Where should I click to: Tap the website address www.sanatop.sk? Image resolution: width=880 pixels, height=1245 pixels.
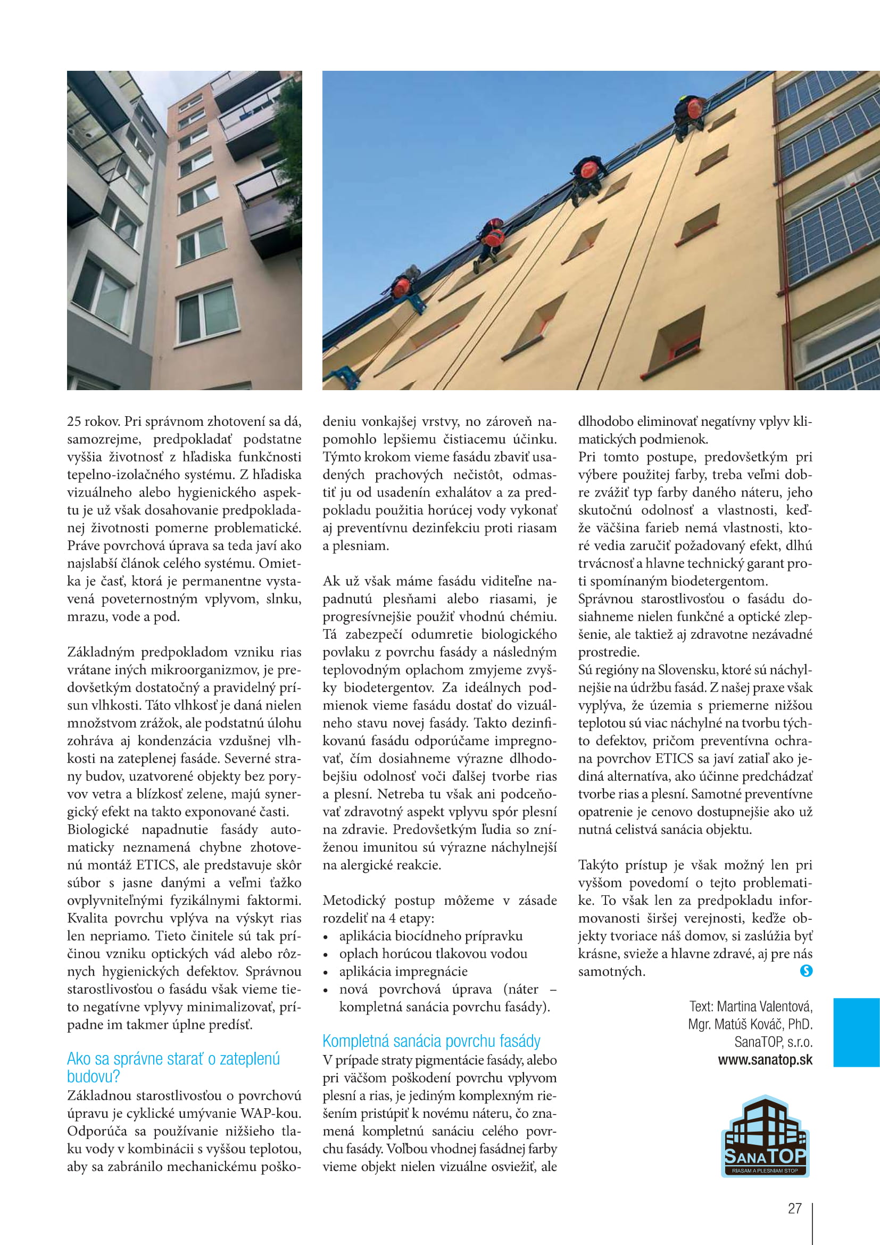point(765,1060)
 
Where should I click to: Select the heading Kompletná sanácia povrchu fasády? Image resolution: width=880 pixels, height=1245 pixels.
point(431,1041)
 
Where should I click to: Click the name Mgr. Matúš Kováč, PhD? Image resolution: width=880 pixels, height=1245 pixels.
point(750,1024)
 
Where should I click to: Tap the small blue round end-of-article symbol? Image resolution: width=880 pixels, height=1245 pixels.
point(806,971)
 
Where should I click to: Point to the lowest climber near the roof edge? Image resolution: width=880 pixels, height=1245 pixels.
point(403,287)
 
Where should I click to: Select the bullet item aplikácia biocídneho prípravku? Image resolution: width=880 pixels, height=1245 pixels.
point(431,936)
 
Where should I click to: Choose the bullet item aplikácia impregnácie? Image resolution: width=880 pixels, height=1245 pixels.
point(403,971)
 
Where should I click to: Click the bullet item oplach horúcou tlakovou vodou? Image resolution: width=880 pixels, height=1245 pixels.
point(433,953)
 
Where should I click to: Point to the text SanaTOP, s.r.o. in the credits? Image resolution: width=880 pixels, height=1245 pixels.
point(773,1042)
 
